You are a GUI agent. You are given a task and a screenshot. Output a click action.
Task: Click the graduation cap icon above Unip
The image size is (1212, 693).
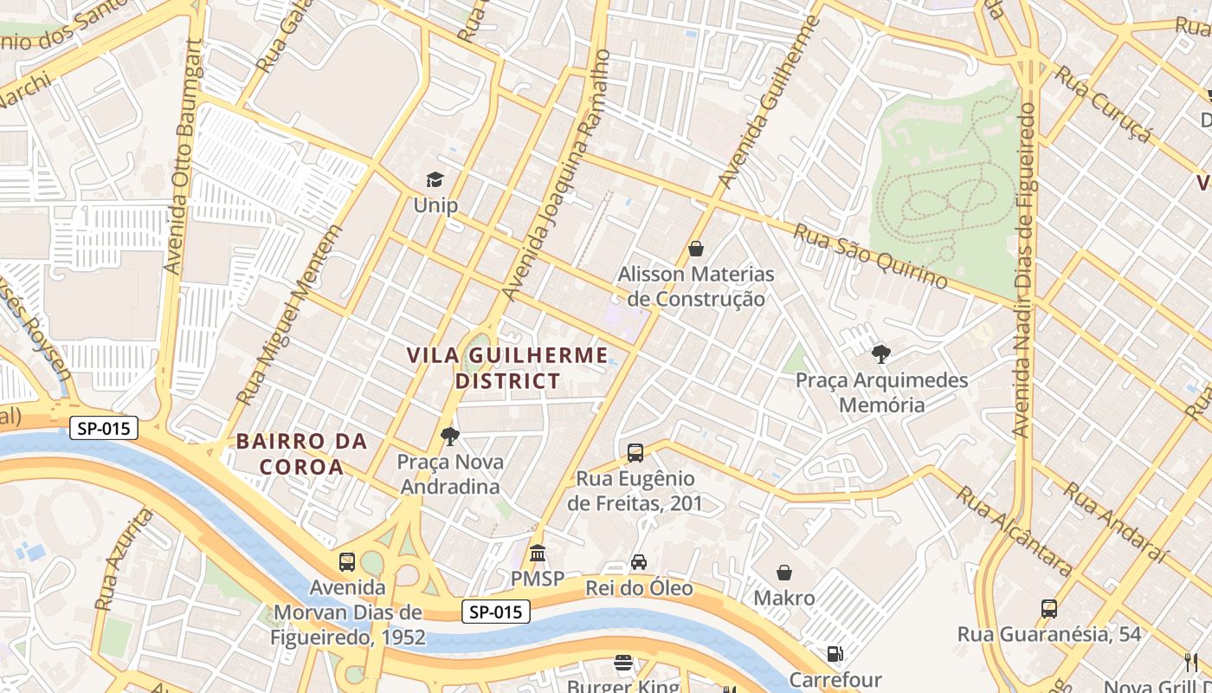(x=435, y=179)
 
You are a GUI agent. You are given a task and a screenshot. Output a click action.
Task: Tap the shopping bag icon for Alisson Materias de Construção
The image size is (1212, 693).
(x=696, y=249)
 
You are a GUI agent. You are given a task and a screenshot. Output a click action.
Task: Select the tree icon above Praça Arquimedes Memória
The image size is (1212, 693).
(x=881, y=353)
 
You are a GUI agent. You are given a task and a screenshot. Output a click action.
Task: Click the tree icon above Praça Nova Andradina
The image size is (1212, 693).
(x=449, y=436)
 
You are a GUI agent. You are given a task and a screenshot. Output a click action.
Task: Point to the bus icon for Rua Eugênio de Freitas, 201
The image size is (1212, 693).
(x=635, y=452)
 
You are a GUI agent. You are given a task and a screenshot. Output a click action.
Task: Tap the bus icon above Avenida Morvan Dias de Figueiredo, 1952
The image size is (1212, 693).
(x=347, y=561)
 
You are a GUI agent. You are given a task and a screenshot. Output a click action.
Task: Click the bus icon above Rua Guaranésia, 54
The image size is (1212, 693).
(x=1049, y=608)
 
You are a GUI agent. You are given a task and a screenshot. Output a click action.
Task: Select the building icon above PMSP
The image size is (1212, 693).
(x=538, y=553)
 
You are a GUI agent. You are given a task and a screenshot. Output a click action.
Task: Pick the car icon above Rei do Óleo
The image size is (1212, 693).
(x=639, y=562)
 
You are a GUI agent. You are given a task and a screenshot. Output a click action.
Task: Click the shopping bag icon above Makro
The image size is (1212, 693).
(x=784, y=573)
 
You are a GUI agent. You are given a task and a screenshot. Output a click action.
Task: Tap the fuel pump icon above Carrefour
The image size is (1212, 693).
(x=835, y=654)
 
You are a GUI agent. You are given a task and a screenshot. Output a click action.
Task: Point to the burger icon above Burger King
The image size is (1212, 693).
(x=623, y=663)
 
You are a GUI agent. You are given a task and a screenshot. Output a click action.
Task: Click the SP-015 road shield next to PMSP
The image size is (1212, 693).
(x=495, y=612)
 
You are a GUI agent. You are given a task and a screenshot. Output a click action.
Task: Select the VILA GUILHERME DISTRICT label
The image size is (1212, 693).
(x=507, y=367)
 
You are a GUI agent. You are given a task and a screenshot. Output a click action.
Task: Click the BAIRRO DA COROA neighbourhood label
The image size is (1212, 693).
(x=301, y=454)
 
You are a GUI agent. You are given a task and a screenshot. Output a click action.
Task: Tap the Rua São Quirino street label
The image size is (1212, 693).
(x=870, y=256)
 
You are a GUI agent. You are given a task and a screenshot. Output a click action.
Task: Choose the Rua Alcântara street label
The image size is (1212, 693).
(x=1014, y=530)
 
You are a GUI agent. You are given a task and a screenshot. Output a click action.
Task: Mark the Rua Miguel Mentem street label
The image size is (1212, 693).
(x=288, y=316)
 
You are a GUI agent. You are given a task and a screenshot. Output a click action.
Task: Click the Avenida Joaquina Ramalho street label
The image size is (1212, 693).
(x=558, y=176)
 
